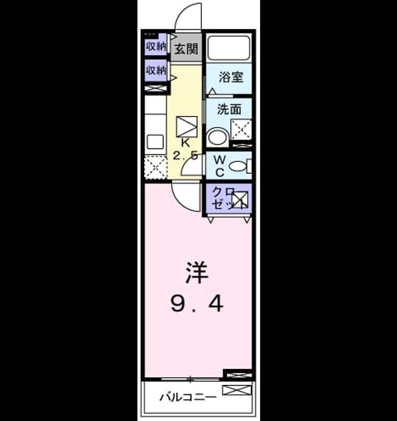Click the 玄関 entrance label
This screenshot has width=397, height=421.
point(186,49)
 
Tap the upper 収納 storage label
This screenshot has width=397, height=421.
point(156,47)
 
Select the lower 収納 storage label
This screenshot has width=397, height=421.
point(156,70)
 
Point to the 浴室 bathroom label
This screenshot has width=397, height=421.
point(231,77)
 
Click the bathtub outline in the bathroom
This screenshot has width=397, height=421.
point(229,47)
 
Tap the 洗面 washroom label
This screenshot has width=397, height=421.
point(229,109)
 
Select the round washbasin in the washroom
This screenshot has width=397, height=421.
point(217,137)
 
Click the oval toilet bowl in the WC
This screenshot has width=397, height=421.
point(237,166)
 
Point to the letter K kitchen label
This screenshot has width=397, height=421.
point(186,143)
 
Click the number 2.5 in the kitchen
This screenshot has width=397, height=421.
point(186,155)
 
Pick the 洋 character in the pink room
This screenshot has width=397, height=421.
point(197,272)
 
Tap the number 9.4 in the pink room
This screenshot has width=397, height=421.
point(197,304)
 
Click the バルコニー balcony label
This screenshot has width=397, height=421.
point(188,397)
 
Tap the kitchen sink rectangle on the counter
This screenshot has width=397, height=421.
point(155,141)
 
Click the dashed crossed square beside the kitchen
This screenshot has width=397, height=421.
point(155,167)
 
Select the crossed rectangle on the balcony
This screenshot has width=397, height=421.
point(237,390)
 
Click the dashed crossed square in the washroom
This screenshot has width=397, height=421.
point(241,130)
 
